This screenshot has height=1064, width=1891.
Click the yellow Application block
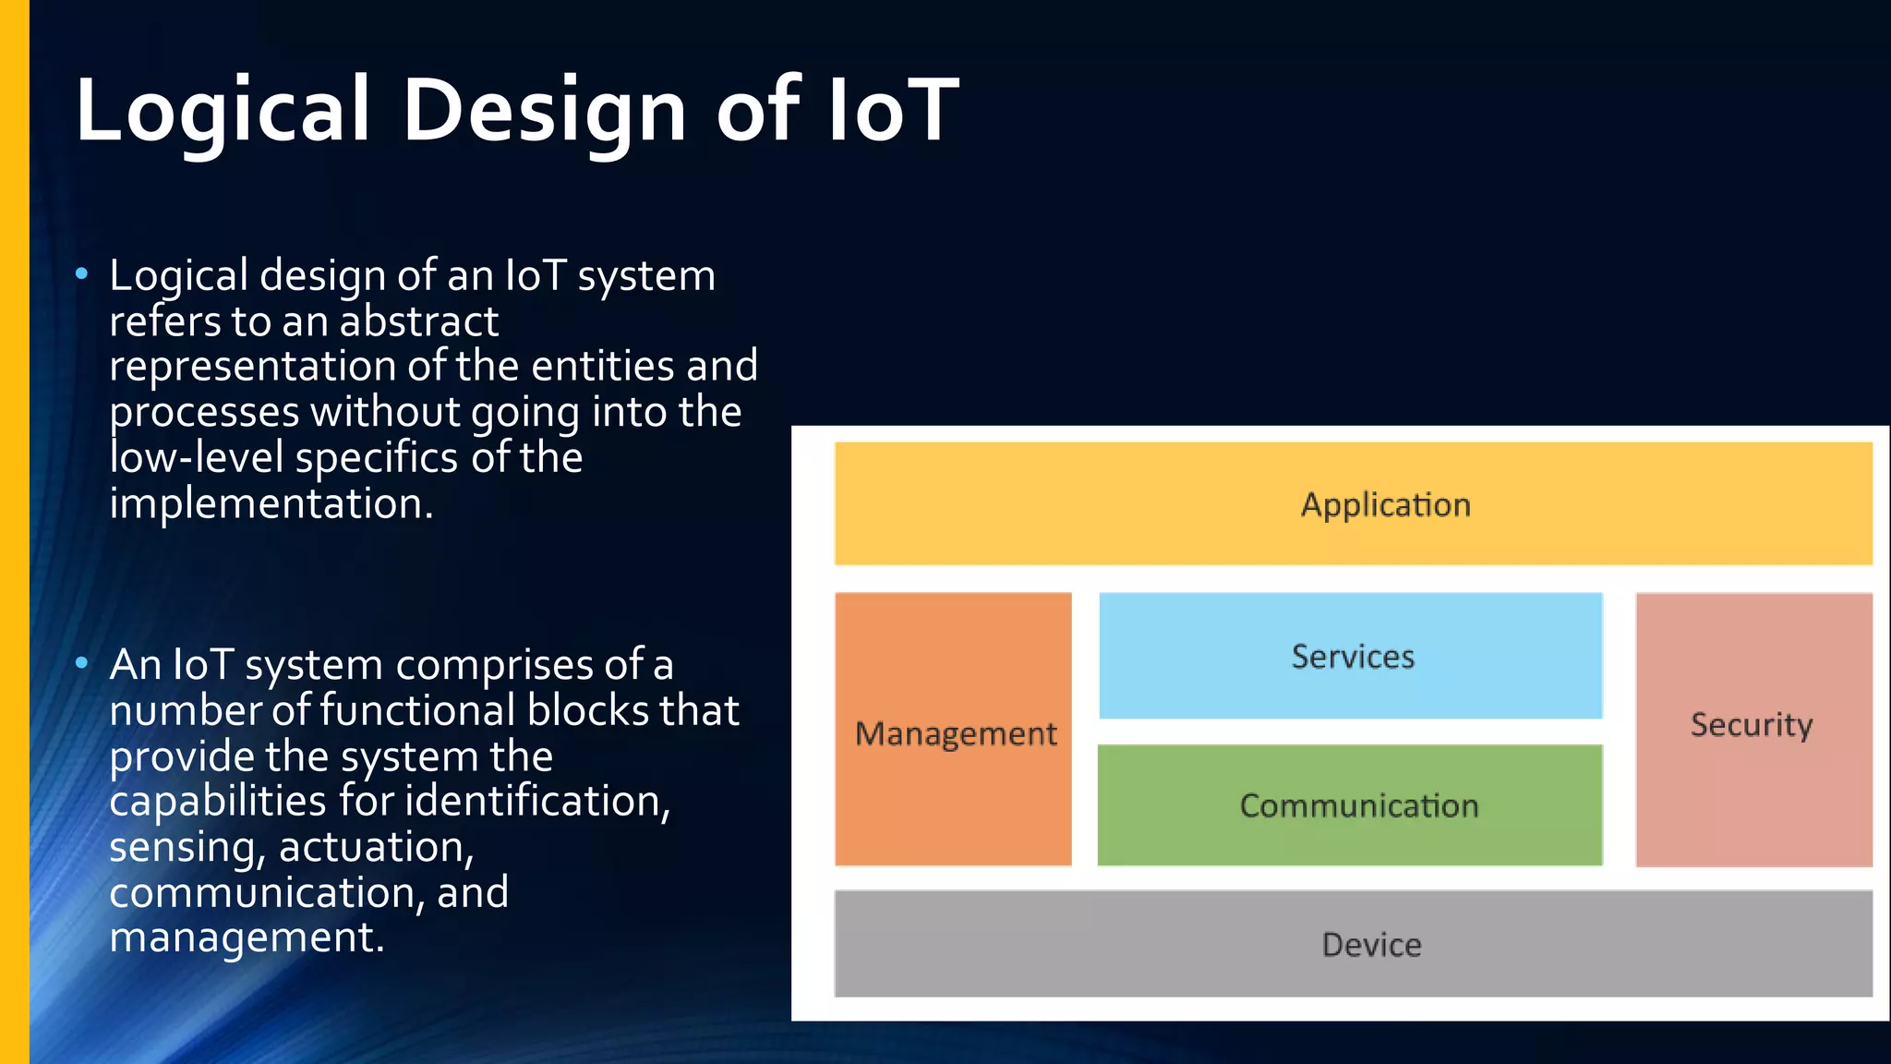pyautogui.click(x=1354, y=503)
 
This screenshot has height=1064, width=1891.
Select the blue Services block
pyautogui.click(x=1351, y=656)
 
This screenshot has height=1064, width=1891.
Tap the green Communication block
pyautogui.click(x=1350, y=805)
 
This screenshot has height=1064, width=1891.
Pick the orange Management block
pyautogui.click(x=954, y=730)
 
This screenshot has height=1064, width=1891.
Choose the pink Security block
pyautogui.click(x=1753, y=729)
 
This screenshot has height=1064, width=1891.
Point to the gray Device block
pyautogui.click(x=1354, y=944)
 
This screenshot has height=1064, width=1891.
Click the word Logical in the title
pyautogui.click(x=223, y=111)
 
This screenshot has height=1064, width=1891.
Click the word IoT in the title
pyautogui.click(x=893, y=111)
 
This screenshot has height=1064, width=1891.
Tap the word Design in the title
pyautogui.click(x=544, y=111)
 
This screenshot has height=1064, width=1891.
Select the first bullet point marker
pyautogui.click(x=82, y=273)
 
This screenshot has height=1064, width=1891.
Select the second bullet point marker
pyautogui.click(x=82, y=662)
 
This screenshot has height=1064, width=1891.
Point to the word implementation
pyautogui.click(x=271, y=504)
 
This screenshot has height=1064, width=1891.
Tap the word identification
pyautogui.click(x=536, y=801)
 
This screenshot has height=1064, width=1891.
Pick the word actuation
pyautogui.click(x=376, y=847)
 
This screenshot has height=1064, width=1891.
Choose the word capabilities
pyautogui.click(x=218, y=801)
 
